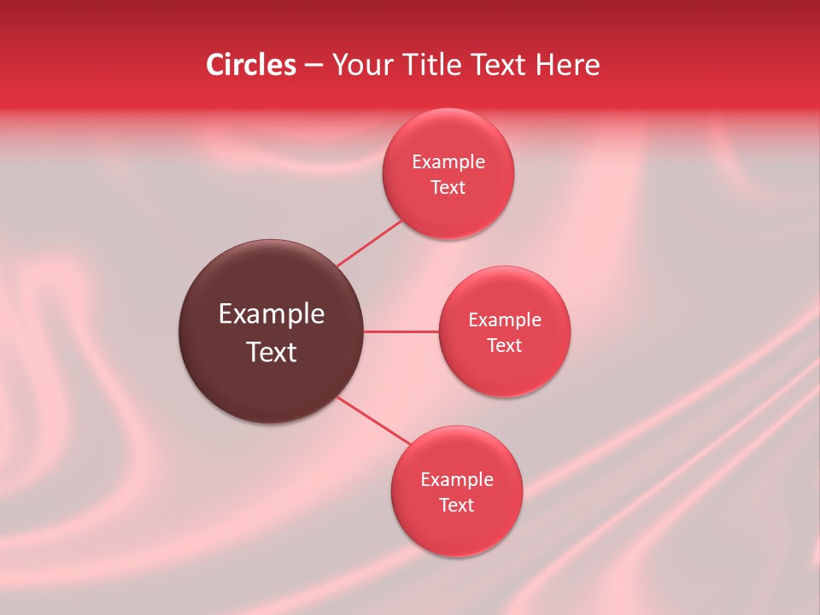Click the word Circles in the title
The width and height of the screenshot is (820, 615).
250,65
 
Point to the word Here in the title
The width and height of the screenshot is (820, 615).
567,65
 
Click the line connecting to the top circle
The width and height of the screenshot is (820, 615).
370,243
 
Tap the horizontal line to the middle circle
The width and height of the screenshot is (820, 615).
401,331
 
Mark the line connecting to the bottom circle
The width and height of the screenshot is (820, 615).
374,421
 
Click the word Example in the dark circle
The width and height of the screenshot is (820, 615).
272,314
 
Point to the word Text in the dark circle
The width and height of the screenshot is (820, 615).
272,352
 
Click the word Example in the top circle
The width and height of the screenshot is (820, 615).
448,162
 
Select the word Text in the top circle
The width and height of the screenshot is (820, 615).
448,188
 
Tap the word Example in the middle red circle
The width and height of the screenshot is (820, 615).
505,320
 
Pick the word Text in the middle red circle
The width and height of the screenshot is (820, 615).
505,346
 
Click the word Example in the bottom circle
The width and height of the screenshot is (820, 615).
457,480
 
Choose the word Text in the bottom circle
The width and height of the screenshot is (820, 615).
456,506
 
